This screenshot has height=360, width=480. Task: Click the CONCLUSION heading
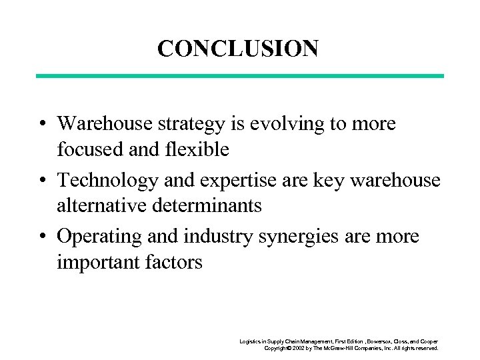click(238, 48)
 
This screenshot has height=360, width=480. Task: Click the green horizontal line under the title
click(239, 76)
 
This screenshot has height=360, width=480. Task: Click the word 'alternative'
click(100, 206)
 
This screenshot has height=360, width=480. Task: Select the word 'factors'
click(175, 263)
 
